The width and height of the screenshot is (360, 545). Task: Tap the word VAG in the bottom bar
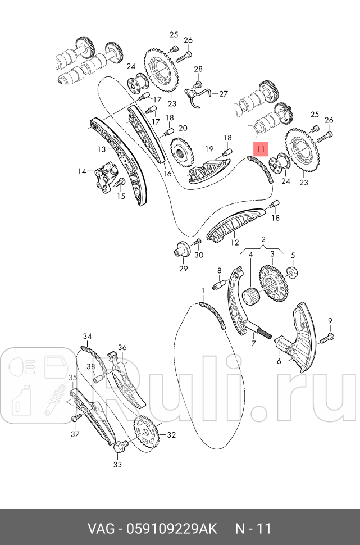[99, 529]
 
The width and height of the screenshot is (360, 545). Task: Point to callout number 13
[101, 149]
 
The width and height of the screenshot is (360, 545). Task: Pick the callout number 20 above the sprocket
[183, 128]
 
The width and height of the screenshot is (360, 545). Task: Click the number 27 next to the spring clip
[224, 94]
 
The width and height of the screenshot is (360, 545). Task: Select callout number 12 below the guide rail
[235, 243]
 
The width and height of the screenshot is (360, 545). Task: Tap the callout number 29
[183, 269]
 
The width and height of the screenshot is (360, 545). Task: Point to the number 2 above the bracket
[262, 240]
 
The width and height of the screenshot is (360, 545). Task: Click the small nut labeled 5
[292, 272]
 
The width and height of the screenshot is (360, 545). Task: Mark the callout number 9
[330, 321]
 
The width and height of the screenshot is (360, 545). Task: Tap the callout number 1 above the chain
[203, 290]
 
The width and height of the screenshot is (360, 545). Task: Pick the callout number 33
[117, 464]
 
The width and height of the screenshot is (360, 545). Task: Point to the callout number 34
[87, 337]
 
